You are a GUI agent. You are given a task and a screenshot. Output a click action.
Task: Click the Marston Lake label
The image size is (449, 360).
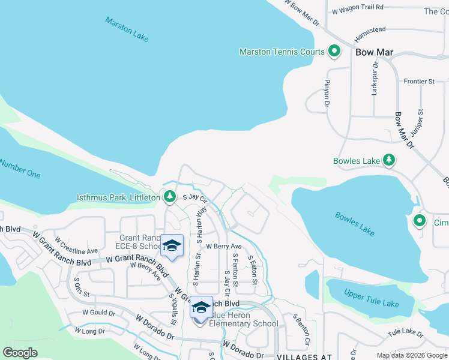127,29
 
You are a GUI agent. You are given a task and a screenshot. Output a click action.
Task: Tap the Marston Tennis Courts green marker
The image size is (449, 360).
334,52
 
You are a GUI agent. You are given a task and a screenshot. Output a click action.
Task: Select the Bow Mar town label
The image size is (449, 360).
374,52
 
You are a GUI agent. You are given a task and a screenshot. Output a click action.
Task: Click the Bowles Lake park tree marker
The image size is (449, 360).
390,160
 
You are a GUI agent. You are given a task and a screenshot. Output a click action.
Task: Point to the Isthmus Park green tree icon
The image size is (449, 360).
170,197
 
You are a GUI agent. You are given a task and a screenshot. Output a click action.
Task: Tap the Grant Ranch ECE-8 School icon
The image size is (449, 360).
172,246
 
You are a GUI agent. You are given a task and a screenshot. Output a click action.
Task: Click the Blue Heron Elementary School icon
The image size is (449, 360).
200,307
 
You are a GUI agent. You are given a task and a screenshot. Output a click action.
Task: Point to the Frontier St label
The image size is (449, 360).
419,81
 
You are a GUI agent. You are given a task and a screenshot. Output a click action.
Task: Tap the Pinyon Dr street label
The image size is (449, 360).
328,94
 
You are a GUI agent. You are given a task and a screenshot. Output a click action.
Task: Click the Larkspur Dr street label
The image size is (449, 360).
375,78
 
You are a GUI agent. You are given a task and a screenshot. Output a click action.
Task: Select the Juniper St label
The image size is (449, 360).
417,121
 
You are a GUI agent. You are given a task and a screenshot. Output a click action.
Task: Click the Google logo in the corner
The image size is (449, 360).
20,353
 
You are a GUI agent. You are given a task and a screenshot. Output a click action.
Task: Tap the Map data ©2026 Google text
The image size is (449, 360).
411,355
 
